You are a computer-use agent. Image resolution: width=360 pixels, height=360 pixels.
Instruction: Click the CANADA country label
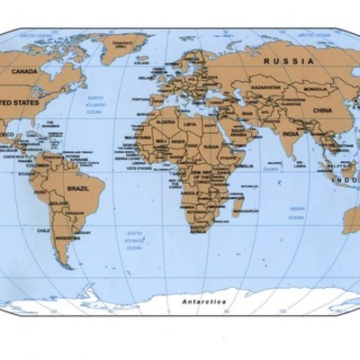tap(24, 71)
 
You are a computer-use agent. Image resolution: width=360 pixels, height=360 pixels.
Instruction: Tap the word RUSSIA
tap(289, 60)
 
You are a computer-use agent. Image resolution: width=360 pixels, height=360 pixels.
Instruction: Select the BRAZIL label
tap(78, 189)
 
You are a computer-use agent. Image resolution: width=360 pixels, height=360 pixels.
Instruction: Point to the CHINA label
tap(321, 110)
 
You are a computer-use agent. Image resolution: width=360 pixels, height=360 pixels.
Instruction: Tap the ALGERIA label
tap(164, 120)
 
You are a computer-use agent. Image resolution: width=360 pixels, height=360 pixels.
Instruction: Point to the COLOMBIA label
tap(38, 166)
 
